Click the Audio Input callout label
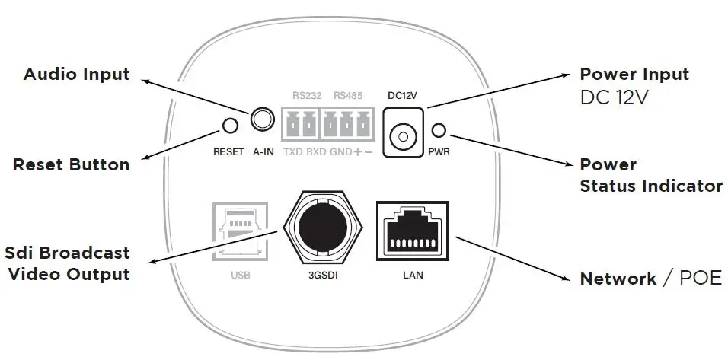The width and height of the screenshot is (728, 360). [77, 75]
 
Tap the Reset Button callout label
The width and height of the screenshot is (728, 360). [71, 165]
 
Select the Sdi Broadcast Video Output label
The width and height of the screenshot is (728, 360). [67, 263]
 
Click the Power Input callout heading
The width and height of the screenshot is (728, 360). [634, 75]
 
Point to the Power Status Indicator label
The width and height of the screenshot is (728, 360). [650, 175]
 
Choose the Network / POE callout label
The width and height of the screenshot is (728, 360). [650, 279]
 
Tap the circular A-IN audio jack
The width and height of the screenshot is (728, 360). [263, 119]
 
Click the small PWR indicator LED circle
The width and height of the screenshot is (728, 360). [439, 129]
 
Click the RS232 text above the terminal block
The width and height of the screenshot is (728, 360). [307, 96]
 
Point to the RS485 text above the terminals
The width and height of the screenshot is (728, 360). [348, 96]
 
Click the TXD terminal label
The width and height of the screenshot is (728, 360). [293, 151]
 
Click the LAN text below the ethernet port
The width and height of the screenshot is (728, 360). [412, 275]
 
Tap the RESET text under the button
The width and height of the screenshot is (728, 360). [228, 151]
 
